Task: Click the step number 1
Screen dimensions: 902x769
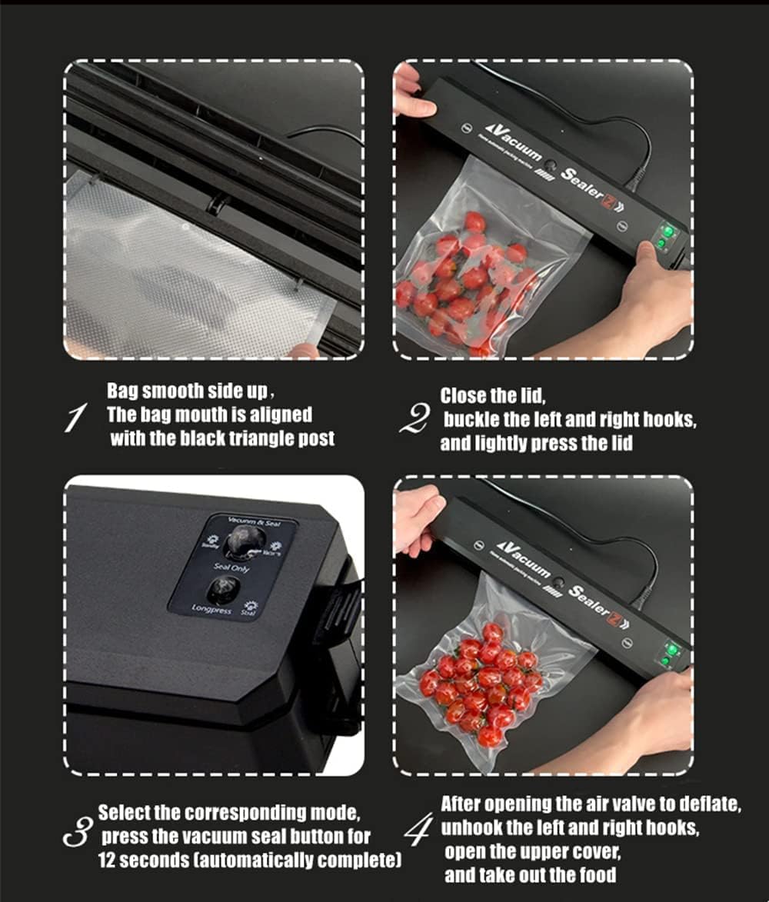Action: coord(75,418)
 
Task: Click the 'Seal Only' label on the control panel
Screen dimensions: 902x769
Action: coord(231,568)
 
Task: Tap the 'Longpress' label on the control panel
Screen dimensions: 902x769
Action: coord(211,609)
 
